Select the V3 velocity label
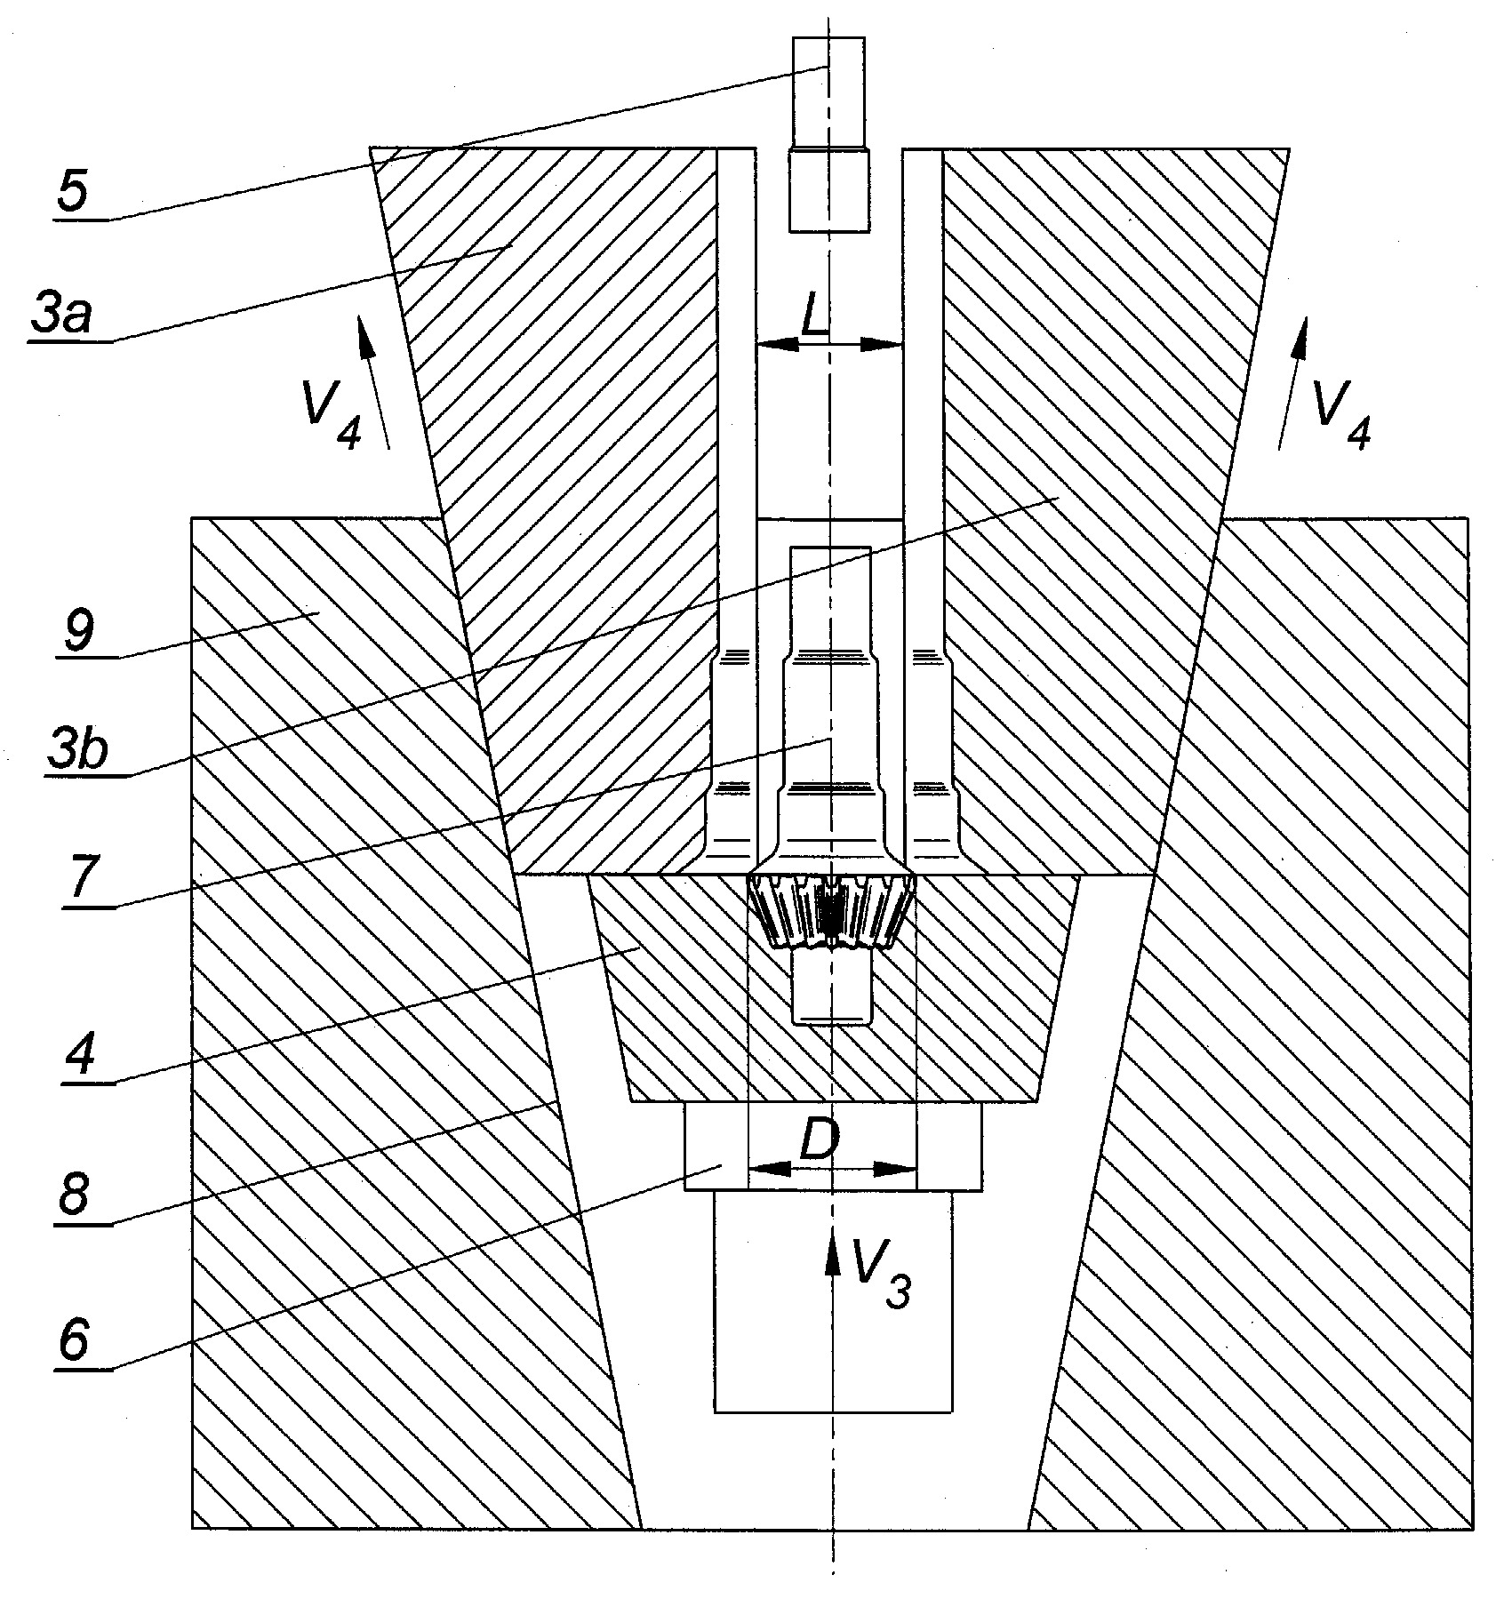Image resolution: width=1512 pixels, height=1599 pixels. click(x=881, y=1282)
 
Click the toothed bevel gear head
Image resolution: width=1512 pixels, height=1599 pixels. click(x=832, y=911)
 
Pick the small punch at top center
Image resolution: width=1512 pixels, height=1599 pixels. click(x=828, y=133)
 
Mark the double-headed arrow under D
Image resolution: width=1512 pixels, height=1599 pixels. click(x=832, y=1168)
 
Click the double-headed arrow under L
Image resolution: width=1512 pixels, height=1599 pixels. click(x=829, y=344)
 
